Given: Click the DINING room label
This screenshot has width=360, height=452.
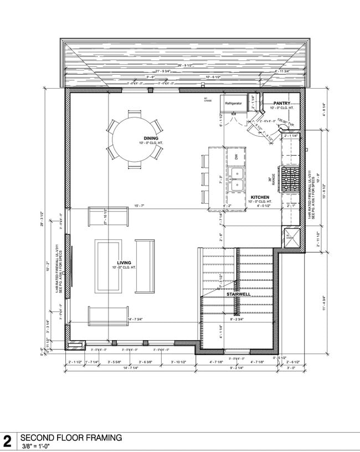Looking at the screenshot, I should tap(136, 138).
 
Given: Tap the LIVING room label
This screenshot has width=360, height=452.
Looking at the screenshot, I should tap(124, 263).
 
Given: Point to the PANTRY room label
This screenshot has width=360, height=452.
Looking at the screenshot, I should tap(282, 103).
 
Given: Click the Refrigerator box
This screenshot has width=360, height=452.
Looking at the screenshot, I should tap(233, 104).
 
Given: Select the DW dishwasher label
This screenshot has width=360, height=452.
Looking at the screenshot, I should tap(236, 157).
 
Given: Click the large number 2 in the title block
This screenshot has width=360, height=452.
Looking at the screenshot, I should tap(8, 441).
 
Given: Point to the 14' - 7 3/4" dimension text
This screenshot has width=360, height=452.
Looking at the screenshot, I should tap(136, 320).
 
